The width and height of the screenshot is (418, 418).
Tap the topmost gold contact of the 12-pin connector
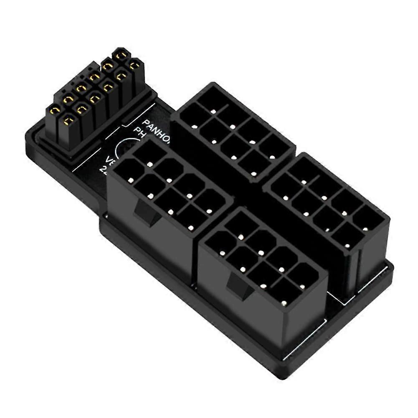122,54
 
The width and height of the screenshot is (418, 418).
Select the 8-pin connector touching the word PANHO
234,129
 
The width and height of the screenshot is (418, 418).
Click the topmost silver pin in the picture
213,112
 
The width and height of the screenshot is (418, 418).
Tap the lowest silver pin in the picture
284,302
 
